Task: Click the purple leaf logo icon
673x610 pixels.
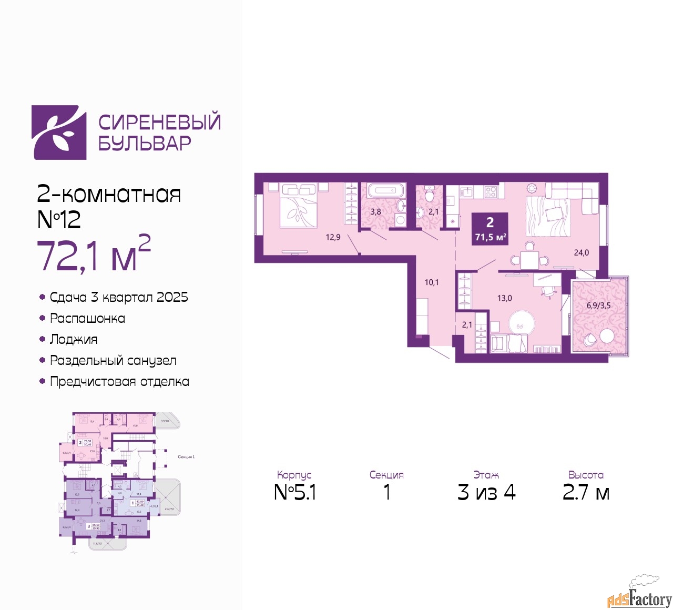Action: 59,133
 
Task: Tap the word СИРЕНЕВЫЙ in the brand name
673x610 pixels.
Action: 159,123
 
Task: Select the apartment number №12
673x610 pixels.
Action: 59,219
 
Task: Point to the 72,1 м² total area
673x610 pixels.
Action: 94,255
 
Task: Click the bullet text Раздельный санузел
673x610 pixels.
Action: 113,361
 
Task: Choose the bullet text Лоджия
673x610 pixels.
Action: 74,340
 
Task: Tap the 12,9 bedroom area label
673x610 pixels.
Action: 333,237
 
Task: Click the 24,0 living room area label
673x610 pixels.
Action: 581,253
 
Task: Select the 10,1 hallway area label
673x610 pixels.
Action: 432,282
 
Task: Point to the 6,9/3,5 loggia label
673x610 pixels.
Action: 598,306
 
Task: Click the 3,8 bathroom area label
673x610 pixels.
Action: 375,212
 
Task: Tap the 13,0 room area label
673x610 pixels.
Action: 504,298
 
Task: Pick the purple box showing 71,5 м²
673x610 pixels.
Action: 490,229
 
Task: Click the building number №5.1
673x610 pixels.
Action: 295,492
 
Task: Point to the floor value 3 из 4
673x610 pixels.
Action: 486,492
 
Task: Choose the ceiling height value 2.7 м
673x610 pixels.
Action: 586,492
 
